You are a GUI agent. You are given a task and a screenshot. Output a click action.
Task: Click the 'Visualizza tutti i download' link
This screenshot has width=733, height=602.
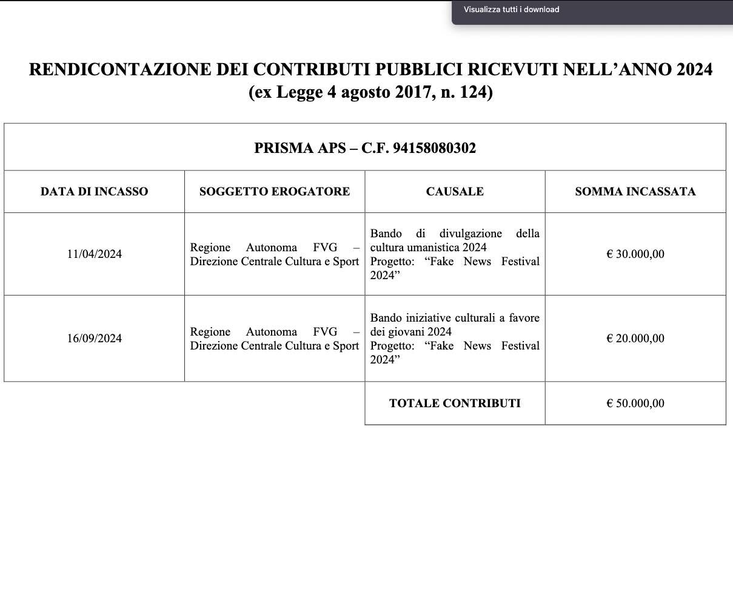point(511,9)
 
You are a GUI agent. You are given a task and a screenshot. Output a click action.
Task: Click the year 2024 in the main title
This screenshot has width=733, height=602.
point(694,70)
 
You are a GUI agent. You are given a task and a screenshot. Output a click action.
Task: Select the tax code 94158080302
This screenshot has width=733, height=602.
point(434,148)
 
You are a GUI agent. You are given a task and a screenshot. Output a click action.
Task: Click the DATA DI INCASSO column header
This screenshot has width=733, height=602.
point(94,192)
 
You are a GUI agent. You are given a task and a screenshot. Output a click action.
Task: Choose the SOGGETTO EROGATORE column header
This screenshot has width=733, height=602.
point(275,192)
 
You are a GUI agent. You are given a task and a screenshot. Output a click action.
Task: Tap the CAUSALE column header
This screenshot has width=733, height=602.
point(455,192)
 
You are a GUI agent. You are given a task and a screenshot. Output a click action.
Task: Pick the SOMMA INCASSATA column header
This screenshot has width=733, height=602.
point(635,192)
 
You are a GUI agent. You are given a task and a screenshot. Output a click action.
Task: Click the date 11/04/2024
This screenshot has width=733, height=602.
point(94,254)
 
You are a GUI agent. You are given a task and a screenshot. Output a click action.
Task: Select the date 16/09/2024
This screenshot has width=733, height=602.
point(94,339)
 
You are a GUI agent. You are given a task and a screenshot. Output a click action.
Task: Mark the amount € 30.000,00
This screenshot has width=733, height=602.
point(635,254)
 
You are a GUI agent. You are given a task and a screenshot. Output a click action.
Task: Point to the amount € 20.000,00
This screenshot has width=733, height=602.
point(635,339)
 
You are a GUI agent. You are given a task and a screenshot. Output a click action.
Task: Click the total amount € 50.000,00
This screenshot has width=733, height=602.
point(635,404)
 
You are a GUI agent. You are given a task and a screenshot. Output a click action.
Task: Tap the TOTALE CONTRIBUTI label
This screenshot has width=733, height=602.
point(455,404)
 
